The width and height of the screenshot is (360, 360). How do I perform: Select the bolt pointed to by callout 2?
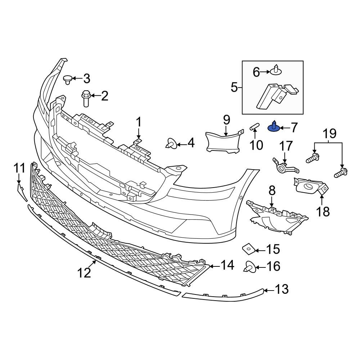coord(86,98)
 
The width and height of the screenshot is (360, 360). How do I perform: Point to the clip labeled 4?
coord(171,144)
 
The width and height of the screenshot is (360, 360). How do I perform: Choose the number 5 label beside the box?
coord(234,87)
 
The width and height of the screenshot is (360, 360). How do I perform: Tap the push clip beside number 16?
coord(250,267)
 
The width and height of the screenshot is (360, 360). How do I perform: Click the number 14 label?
coord(228,266)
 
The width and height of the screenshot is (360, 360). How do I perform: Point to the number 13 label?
coord(282,289)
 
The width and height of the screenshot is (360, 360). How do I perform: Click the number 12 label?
coord(84,274)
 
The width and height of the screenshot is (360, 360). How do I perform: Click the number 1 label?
coord(139,122)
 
